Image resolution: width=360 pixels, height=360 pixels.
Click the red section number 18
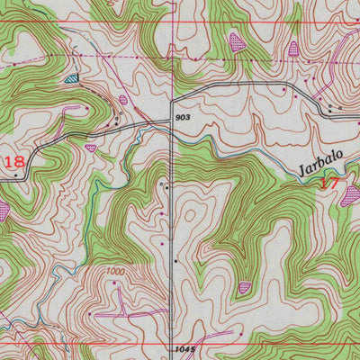(13, 162)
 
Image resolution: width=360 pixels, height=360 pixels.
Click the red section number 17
(329, 182)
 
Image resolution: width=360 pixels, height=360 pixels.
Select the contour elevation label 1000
(114, 271)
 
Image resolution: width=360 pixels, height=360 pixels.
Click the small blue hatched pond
(71, 79)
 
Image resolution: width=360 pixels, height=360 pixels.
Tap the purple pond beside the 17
(350, 193)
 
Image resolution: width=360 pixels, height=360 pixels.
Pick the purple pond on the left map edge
(4, 210)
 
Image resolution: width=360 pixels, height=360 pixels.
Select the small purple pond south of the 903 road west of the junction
(90, 146)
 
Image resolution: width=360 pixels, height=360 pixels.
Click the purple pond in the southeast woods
(245, 288)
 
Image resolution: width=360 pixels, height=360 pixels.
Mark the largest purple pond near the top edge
(237, 40)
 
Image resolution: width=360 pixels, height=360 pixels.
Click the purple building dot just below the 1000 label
(116, 283)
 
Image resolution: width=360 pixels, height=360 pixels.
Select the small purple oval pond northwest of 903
(123, 99)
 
